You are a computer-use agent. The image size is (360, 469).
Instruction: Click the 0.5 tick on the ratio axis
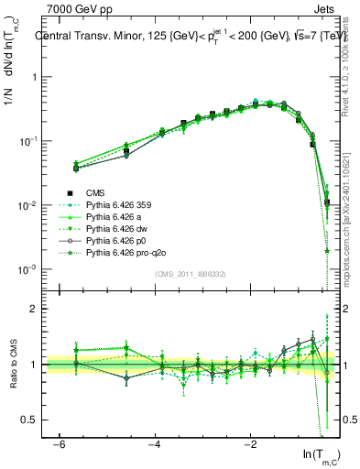click(31, 420)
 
